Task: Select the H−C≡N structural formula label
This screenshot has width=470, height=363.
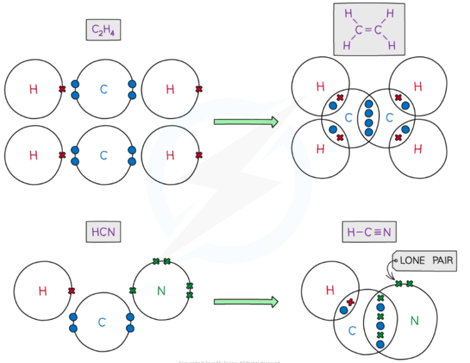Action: pos(368,232)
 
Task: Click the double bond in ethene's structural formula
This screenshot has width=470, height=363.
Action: pos(368,29)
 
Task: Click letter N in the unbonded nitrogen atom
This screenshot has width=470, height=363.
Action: pos(162,290)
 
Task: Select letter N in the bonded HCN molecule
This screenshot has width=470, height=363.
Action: pos(414,320)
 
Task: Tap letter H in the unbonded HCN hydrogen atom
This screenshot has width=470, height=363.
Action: pos(42,291)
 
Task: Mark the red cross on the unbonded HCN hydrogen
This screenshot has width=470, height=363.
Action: pos(72,291)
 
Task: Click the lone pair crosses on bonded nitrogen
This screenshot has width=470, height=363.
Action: pos(404,283)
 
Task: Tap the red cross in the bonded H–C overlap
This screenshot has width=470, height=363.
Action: pos(350,302)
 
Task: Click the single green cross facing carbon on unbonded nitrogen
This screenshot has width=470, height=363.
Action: pos(132,290)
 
